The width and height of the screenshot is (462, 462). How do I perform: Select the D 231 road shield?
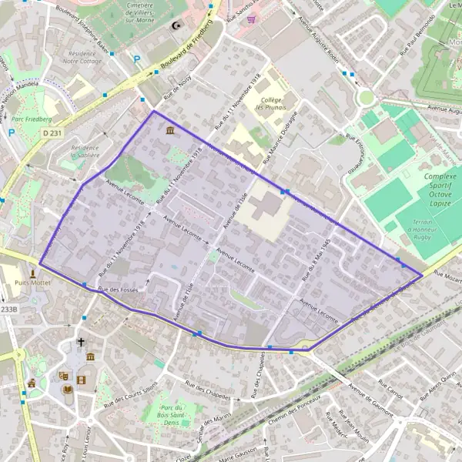(52, 133)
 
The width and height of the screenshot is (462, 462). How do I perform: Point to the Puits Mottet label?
(30, 283)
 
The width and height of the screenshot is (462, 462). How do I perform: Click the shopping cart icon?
(251, 20)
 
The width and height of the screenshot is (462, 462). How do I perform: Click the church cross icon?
(80, 341)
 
